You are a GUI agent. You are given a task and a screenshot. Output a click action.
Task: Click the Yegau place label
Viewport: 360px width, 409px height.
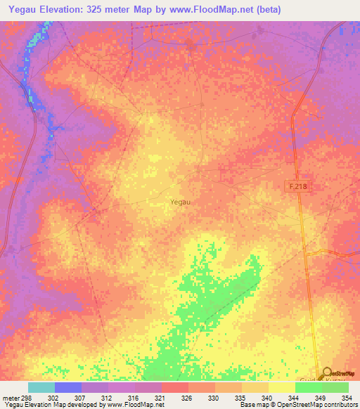point(180,202)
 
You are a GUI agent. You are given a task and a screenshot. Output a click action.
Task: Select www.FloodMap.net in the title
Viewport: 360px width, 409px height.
point(227,9)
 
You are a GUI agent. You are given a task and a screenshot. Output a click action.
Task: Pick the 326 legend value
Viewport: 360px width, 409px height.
point(186,398)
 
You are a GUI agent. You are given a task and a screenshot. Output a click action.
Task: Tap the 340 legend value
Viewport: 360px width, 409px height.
point(266,398)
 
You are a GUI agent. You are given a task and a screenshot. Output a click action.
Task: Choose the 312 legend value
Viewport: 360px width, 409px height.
point(106,398)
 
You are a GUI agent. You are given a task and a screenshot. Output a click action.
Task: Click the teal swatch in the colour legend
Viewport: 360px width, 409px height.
point(41,387)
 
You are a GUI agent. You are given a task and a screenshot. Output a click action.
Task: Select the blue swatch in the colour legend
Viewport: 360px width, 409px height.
point(68,387)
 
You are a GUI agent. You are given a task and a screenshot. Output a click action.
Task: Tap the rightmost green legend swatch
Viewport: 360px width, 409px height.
point(335,387)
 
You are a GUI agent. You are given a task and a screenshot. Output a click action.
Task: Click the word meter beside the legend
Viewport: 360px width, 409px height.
point(10,398)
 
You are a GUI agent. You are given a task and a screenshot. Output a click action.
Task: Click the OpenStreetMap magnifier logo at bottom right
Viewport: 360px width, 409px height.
point(326,374)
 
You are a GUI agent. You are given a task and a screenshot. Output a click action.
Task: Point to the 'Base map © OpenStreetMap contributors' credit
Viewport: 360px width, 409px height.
point(299,405)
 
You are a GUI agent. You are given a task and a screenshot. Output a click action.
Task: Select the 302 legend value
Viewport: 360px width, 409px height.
point(53,398)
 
